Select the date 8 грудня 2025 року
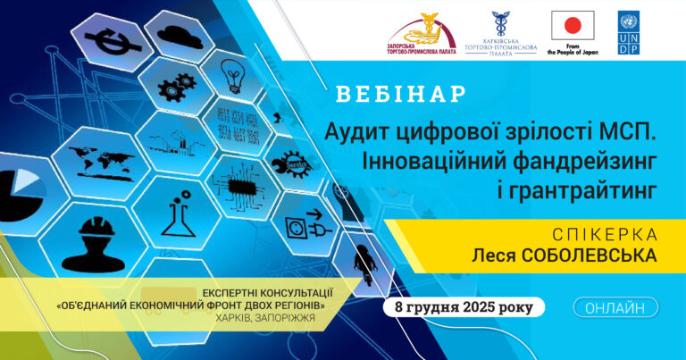tap(464, 308)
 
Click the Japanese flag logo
tap(573, 26)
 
